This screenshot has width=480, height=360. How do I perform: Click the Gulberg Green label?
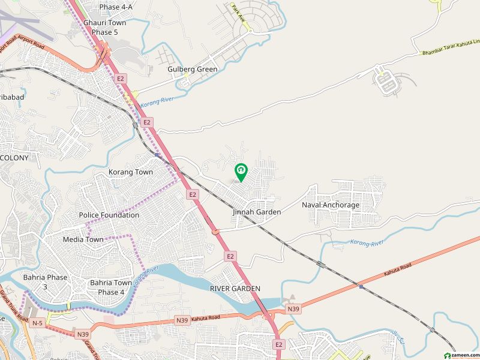click(192, 69)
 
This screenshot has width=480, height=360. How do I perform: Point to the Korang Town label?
click(131, 172)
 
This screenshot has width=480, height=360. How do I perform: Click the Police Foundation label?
click(109, 215)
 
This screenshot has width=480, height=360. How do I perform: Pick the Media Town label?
click(83, 239)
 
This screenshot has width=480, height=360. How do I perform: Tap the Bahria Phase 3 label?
click(45, 282)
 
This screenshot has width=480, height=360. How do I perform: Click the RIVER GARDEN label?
click(235, 289)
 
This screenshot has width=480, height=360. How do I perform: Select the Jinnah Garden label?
click(257, 212)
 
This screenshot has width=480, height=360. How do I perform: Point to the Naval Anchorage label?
click(331, 205)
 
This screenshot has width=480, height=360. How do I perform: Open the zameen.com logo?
click(460, 355)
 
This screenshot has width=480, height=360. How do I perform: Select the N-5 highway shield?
click(38, 323)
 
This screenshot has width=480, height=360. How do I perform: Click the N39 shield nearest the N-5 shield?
click(83, 333)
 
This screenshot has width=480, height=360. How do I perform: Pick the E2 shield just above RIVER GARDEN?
click(230, 256)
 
